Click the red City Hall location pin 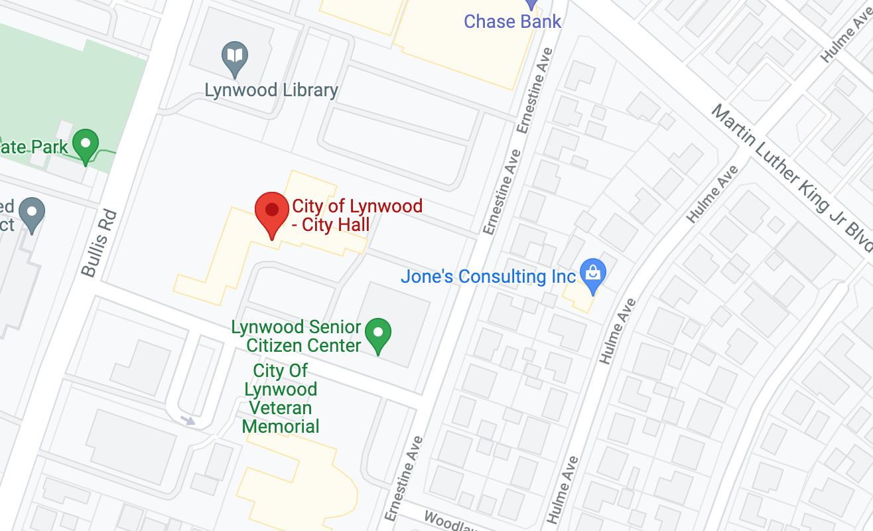[x=271, y=212]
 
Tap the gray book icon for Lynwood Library [x=235, y=56]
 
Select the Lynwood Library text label [x=271, y=90]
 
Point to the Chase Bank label [x=512, y=21]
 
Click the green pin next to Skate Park [x=86, y=144]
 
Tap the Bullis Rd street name [x=99, y=243]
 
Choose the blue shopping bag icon [x=592, y=274]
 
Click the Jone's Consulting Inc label [x=488, y=276]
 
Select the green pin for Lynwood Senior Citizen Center [x=379, y=333]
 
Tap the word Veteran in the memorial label [x=278, y=408]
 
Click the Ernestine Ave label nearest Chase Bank [x=535, y=90]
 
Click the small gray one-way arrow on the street [x=188, y=419]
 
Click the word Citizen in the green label [x=304, y=345]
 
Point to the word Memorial [x=281, y=426]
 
